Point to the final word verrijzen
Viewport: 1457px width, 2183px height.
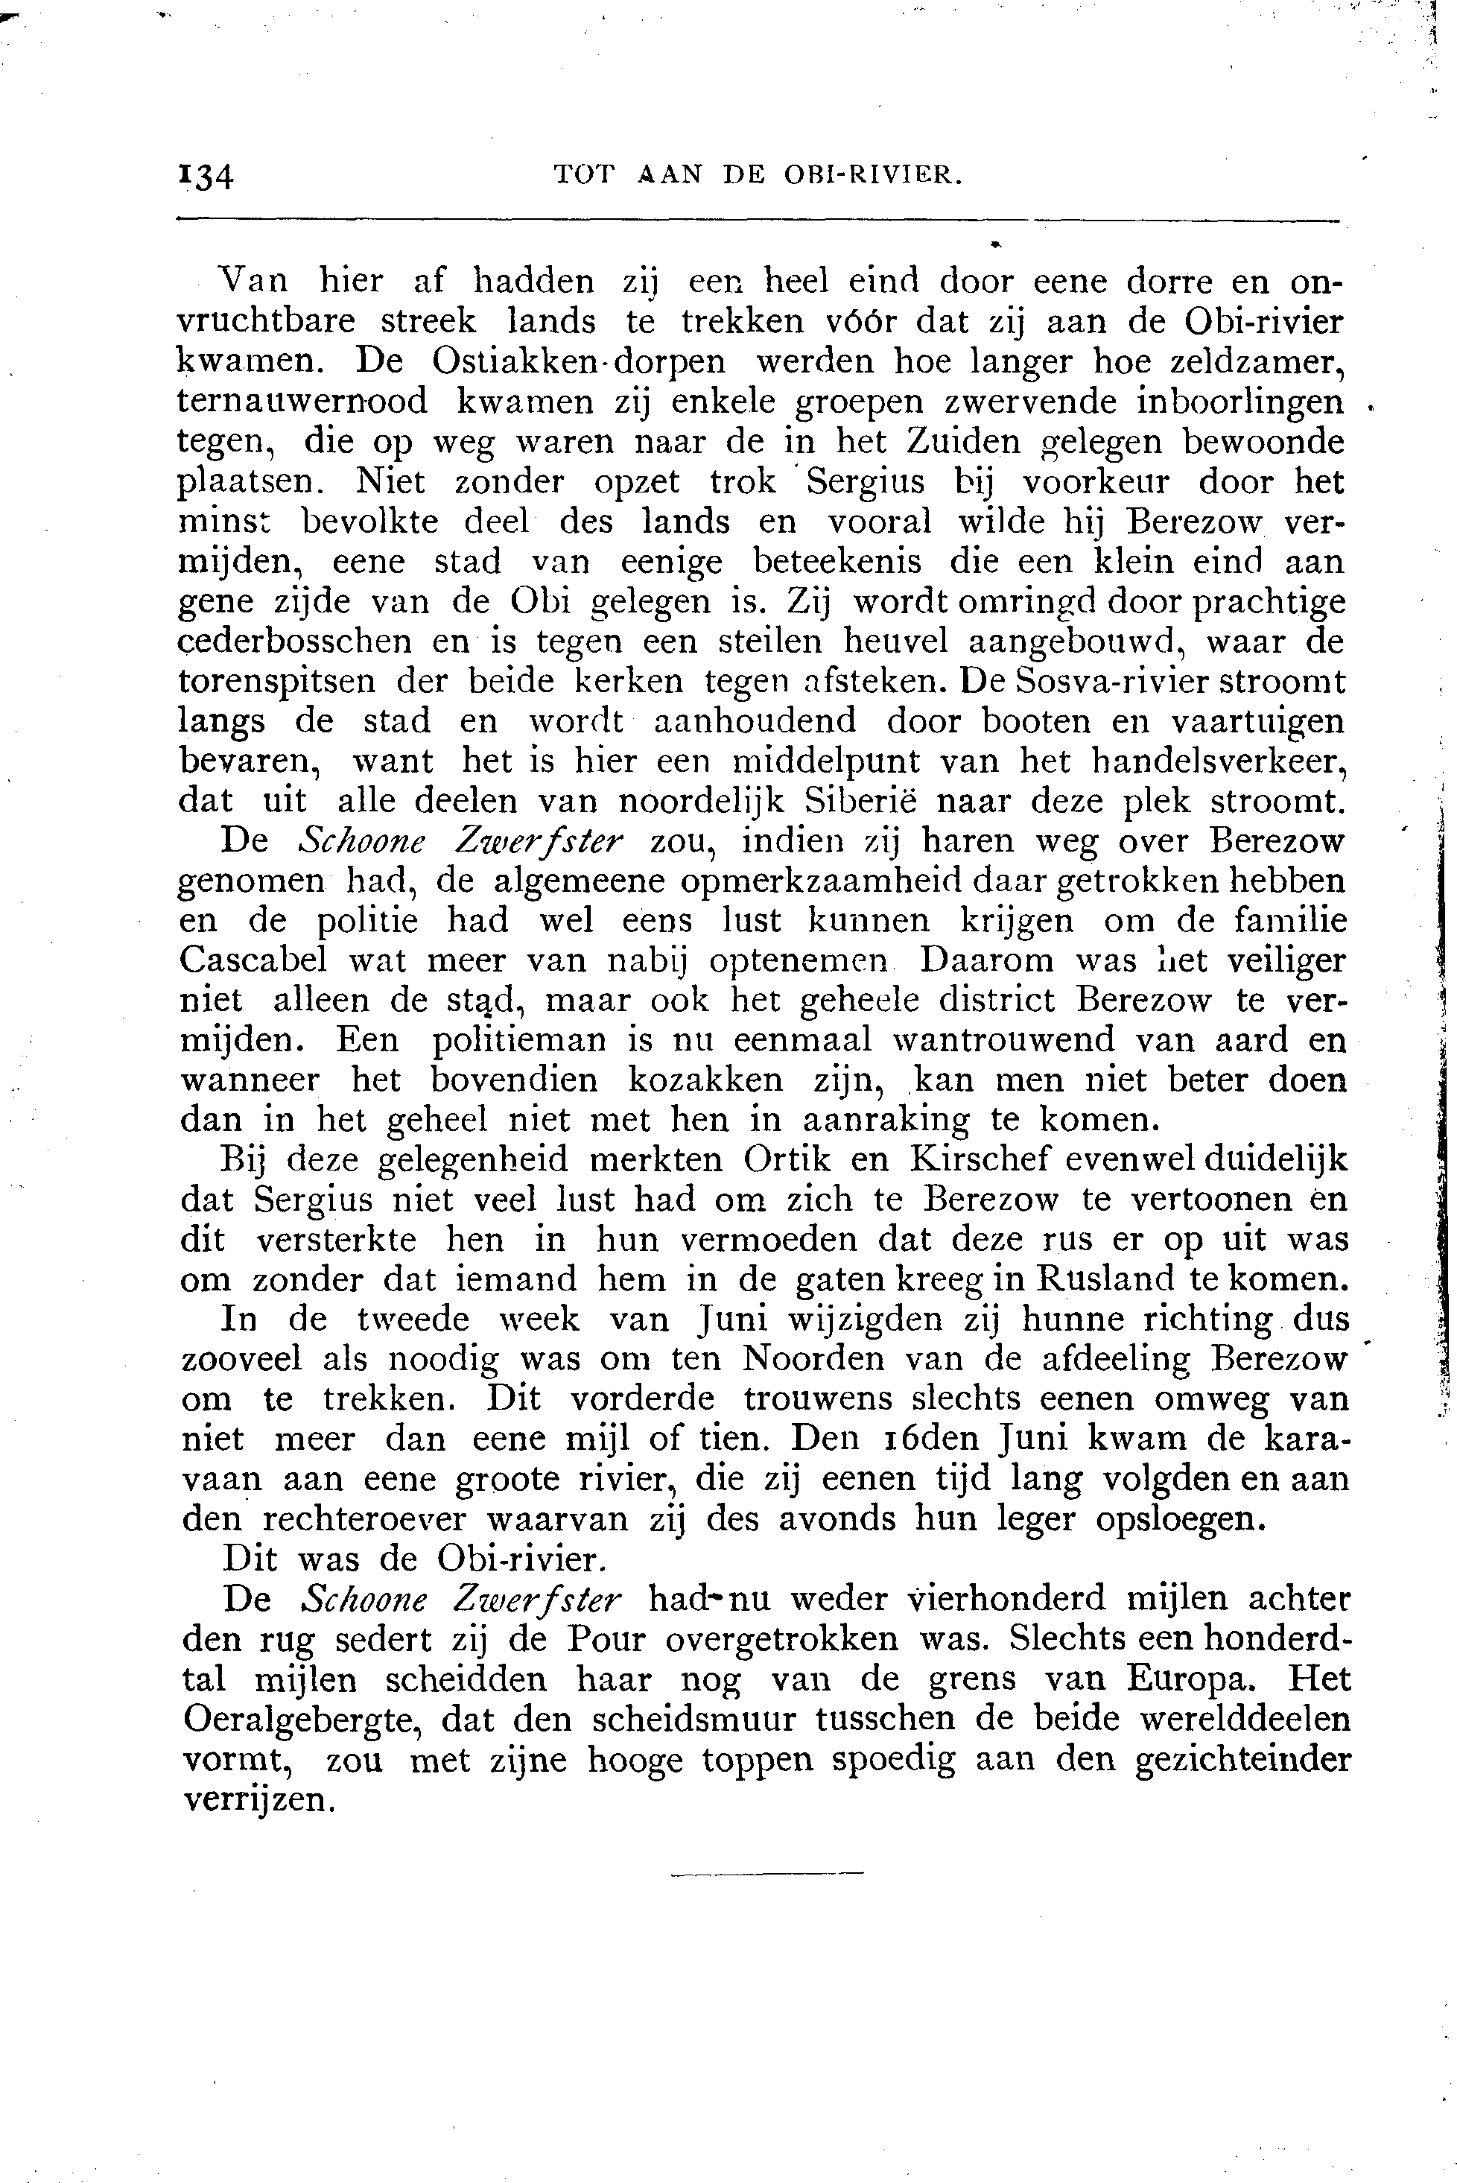tap(259, 1800)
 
